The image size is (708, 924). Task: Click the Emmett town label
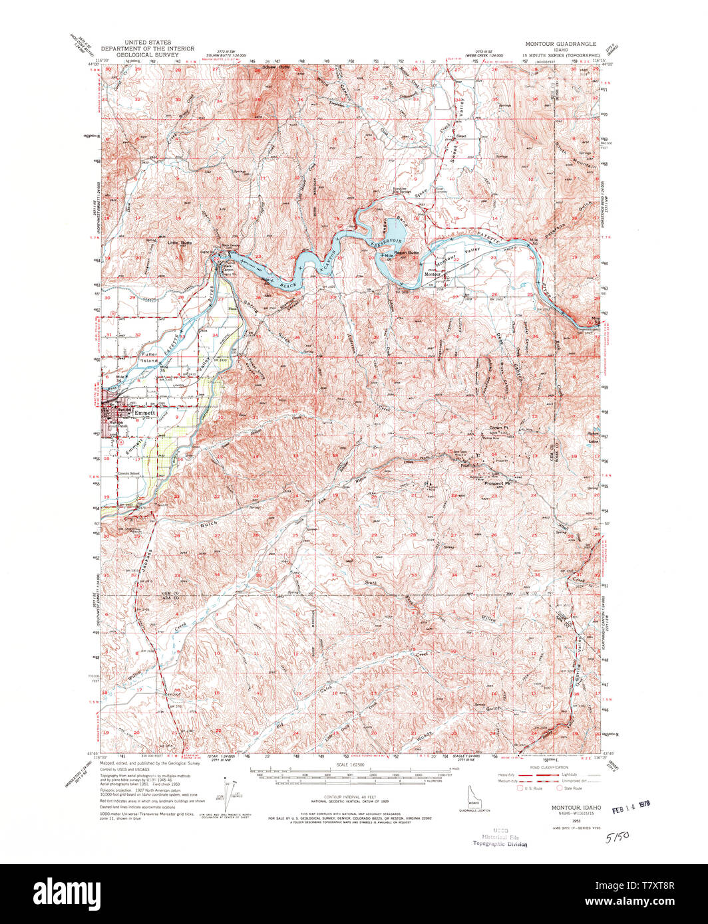tap(144, 413)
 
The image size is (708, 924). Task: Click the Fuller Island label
tap(149, 358)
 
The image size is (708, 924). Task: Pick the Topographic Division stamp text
tap(500, 844)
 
